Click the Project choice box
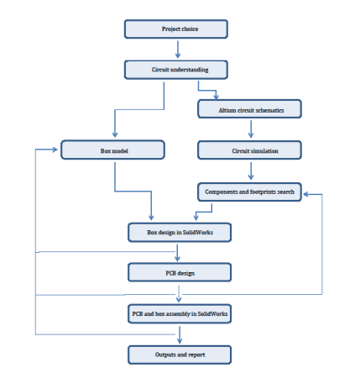176,29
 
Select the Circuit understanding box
176,70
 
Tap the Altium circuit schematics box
249,109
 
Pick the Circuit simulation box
249,150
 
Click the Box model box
112,150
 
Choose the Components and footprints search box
249,192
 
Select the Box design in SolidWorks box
180,233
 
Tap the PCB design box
180,272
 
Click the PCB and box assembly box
180,313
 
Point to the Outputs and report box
180,354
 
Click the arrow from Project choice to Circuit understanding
178,50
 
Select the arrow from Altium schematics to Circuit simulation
251,129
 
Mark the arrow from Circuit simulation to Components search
251,171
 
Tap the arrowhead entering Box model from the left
55,150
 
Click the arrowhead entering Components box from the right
306,194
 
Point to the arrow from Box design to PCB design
177,253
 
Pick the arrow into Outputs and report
180,335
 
